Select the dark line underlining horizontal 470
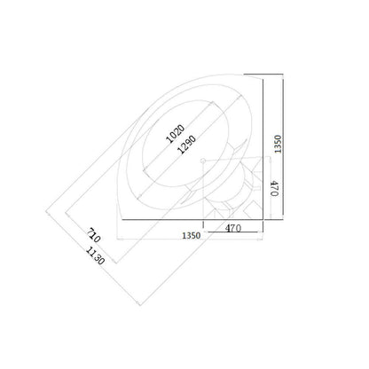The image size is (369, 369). click(235, 237)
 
